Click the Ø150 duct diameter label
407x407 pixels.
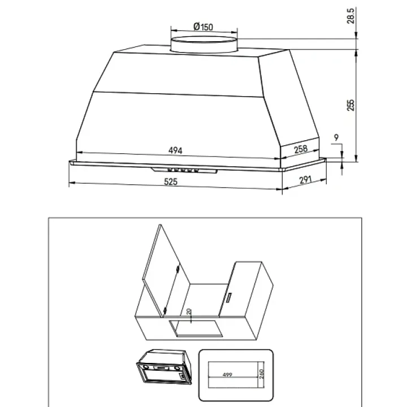[x=203, y=27]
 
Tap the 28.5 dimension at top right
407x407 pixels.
[x=350, y=16]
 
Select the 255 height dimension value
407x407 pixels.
[x=350, y=105]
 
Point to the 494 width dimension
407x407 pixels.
[x=175, y=150]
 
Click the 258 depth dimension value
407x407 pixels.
[x=301, y=149]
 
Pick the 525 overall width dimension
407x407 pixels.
[x=171, y=181]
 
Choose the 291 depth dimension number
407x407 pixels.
[x=305, y=180]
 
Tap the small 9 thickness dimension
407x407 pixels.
[x=336, y=137]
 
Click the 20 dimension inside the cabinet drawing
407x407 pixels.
[x=189, y=311]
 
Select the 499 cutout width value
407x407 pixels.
[x=227, y=375]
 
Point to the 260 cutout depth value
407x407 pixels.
[x=261, y=374]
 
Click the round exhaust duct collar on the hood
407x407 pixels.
[x=204, y=45]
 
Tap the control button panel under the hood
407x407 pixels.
[x=184, y=170]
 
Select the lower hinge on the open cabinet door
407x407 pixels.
[x=165, y=310]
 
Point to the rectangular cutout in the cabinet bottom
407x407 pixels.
[x=196, y=328]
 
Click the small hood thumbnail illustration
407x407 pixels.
[x=164, y=367]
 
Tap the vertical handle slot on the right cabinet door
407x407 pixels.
[x=229, y=297]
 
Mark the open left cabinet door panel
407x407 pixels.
[x=166, y=271]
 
